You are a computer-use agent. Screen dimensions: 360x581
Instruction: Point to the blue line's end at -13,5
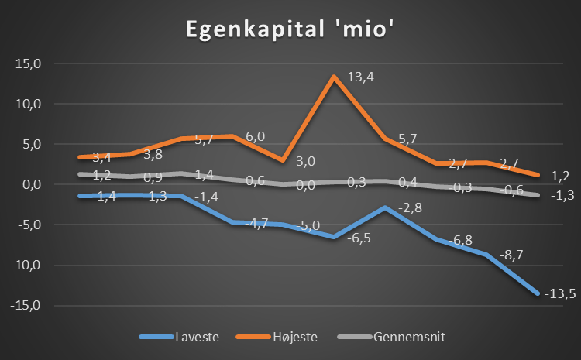(x=537, y=293)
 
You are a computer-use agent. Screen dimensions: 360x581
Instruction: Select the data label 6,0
(x=255, y=136)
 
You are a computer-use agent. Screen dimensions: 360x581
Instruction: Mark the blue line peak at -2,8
(x=385, y=207)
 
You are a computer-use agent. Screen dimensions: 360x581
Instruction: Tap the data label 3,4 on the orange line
(x=101, y=157)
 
